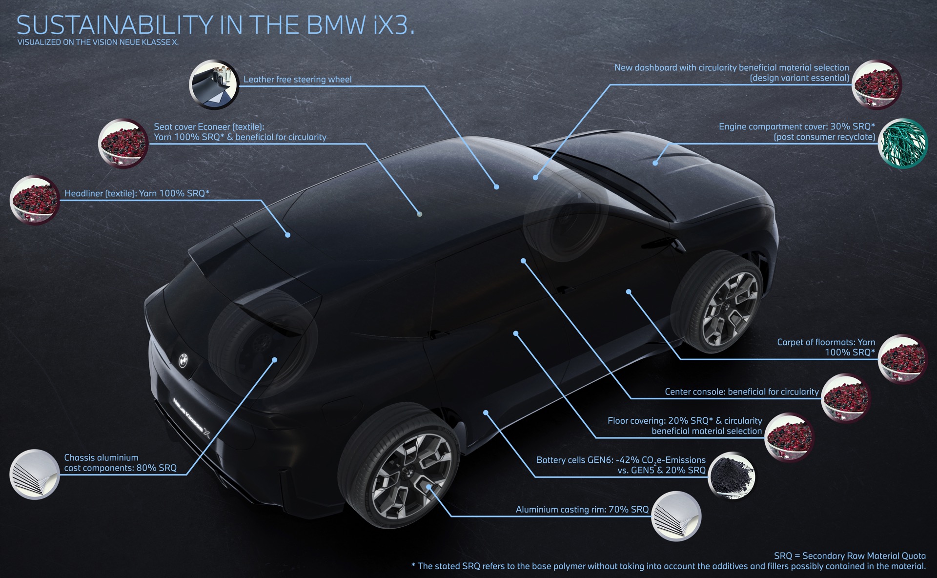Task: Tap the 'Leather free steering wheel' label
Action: pyautogui.click(x=297, y=79)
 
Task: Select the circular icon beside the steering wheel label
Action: pyautogui.click(x=214, y=85)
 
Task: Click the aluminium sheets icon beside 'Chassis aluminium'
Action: pyautogui.click(x=35, y=474)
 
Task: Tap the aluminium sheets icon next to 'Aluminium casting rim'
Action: pyautogui.click(x=676, y=516)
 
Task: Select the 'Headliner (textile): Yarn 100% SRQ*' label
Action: pyautogui.click(x=137, y=193)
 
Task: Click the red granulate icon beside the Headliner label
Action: pyautogui.click(x=34, y=200)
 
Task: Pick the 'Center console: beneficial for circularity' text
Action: pyautogui.click(x=742, y=392)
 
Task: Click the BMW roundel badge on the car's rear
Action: pyautogui.click(x=183, y=360)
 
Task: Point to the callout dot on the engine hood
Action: pyautogui.click(x=655, y=163)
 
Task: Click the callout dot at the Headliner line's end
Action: pyautogui.click(x=288, y=235)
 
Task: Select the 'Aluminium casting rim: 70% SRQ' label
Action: pyautogui.click(x=582, y=509)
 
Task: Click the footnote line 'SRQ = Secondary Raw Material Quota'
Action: pyautogui.click(x=850, y=556)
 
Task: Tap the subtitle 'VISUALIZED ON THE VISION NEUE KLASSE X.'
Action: pyautogui.click(x=98, y=42)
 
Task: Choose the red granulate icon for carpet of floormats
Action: pyautogui.click(x=902, y=359)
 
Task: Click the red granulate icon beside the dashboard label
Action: pyautogui.click(x=877, y=84)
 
